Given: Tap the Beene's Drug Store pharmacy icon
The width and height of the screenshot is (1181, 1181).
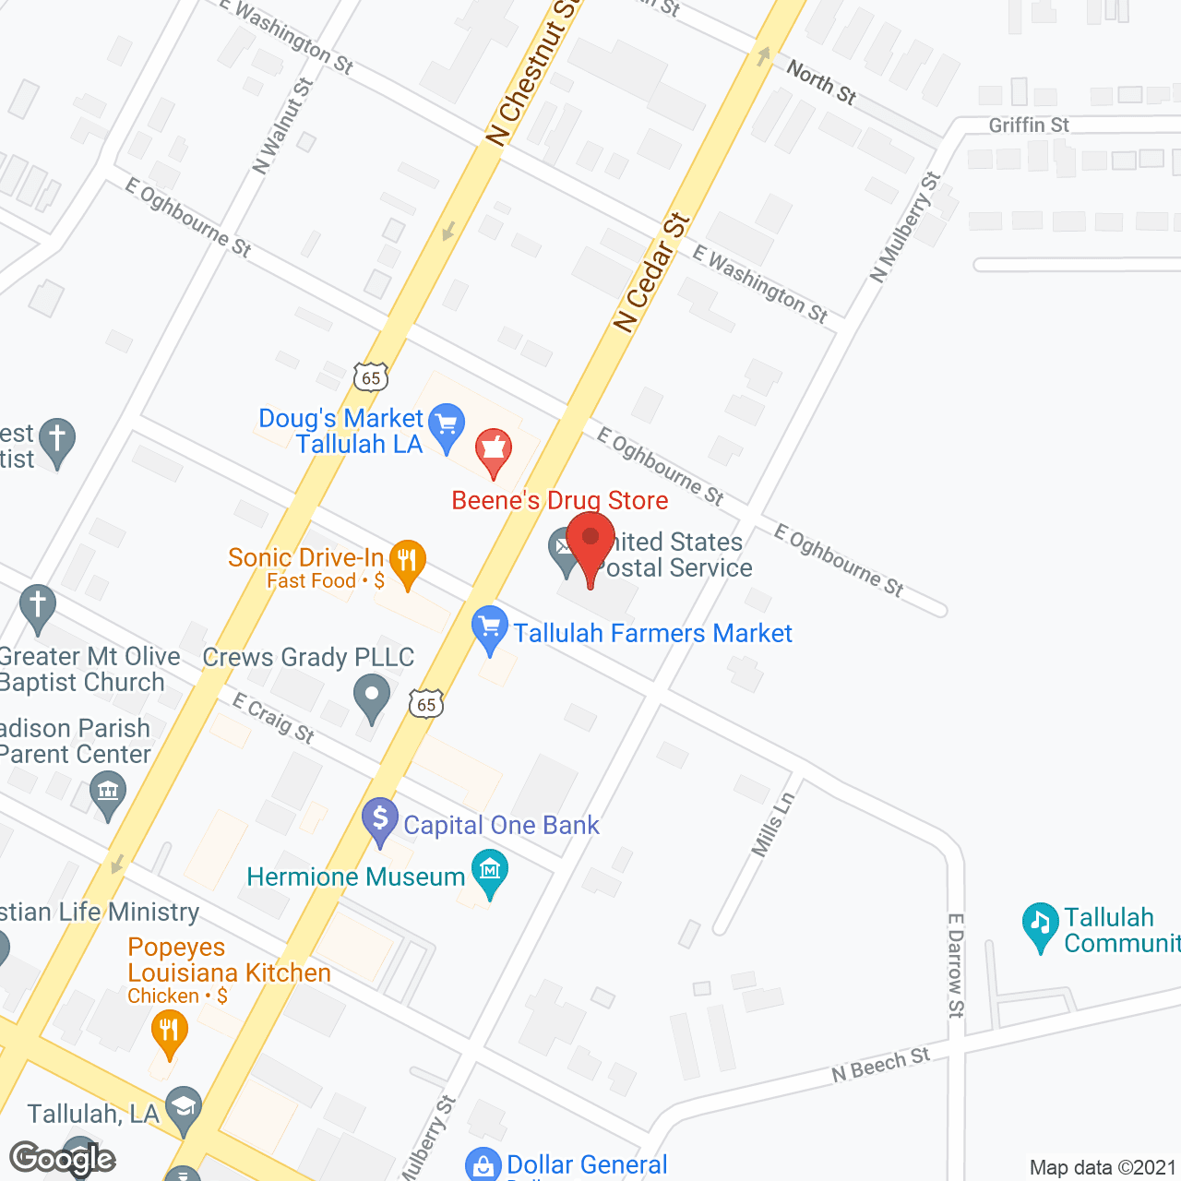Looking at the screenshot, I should tap(494, 449).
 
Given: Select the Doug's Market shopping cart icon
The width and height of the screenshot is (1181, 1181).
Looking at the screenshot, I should tap(447, 425).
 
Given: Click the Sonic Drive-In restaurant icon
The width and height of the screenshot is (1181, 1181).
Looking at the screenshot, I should tap(407, 560).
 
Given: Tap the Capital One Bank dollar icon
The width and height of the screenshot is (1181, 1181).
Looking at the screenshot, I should tap(379, 818).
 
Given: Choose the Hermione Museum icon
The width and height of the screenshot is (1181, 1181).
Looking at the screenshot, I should tap(490, 870).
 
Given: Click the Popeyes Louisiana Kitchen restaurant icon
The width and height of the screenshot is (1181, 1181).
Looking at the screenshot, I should tap(169, 1030).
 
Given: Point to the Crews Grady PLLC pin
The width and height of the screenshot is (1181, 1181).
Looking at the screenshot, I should tap(372, 697).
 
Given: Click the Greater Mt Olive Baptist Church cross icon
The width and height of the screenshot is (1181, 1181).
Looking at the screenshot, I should tap(38, 606).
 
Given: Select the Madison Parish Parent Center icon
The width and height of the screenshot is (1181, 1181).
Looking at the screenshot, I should tap(108, 793).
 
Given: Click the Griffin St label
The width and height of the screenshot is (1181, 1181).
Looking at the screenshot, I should tap(1029, 125).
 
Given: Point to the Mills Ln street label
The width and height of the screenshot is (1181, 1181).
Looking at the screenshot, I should tap(772, 825).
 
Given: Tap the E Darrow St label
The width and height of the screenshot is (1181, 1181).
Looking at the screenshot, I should tap(956, 965).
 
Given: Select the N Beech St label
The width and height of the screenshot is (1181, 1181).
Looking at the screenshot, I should tap(880, 1064).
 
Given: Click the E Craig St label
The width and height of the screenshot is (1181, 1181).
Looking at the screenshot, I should tap(273, 718).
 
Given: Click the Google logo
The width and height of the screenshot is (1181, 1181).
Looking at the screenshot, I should tap(63, 1159).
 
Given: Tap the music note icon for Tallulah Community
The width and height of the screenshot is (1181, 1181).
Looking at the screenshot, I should tap(1040, 924).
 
